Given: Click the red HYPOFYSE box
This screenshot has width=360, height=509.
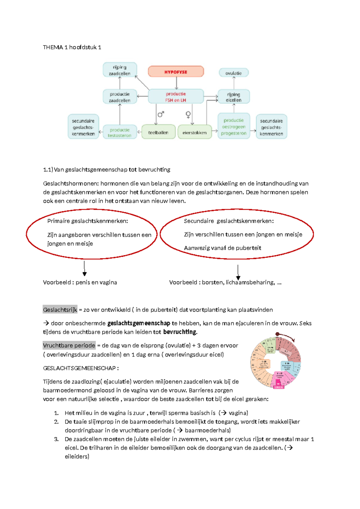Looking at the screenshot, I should point(176,72).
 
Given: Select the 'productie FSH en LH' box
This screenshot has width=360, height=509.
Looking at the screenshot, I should point(176,97).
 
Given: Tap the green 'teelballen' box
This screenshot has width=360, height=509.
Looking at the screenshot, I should point(158,132).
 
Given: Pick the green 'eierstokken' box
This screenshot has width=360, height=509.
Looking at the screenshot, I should point(194,132).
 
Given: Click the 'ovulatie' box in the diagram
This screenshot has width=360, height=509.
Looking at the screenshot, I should point(233,73).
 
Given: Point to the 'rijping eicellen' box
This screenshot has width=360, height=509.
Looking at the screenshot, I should point(233,97).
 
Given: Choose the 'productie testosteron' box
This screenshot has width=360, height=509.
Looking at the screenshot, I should point(119,132).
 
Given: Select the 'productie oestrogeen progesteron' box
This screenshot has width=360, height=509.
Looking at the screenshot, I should point(233,126).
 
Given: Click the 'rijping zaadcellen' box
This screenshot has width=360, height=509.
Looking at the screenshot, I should point(119,70).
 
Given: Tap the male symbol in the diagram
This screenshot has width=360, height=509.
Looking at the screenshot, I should point(161,114).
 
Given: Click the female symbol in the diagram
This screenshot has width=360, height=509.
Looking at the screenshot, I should point(188,114).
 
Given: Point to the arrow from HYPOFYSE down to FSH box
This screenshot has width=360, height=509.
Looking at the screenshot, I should point(176,83).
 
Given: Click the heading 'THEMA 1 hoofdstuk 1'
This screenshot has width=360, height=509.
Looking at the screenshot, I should point(72,47).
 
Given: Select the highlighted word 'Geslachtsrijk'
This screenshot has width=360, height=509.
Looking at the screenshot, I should point(60,310).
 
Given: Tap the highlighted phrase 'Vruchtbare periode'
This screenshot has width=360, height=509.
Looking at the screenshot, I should point(69,345).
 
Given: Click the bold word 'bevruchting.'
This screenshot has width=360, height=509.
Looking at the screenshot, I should point(180,332).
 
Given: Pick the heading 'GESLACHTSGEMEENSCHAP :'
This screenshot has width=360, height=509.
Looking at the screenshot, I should point(81,368).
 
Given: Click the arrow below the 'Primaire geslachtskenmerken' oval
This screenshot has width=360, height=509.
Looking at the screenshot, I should point(85,268).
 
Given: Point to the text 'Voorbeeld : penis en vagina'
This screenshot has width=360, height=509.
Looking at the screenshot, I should point(80,282).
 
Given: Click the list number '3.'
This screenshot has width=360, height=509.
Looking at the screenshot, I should point(56,439).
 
